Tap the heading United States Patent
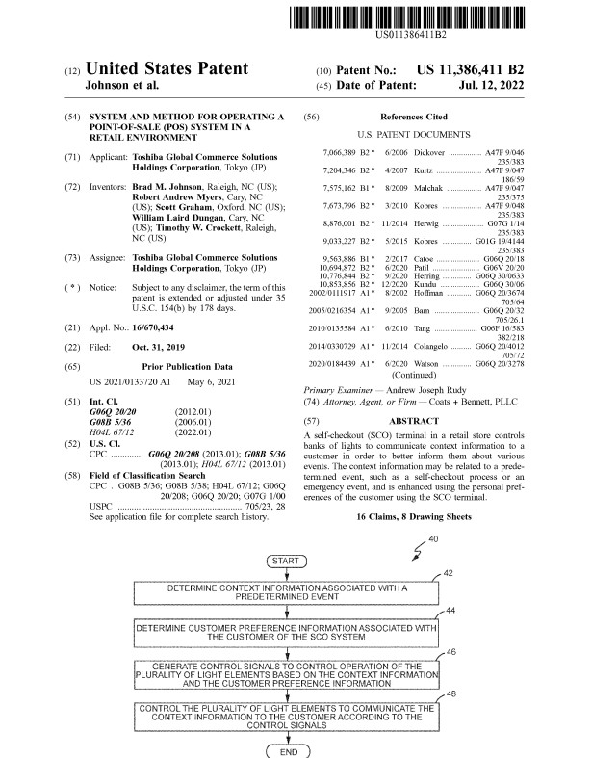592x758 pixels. coord(167,69)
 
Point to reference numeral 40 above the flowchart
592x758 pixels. coord(433,538)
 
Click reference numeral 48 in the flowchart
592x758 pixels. coord(451,694)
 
